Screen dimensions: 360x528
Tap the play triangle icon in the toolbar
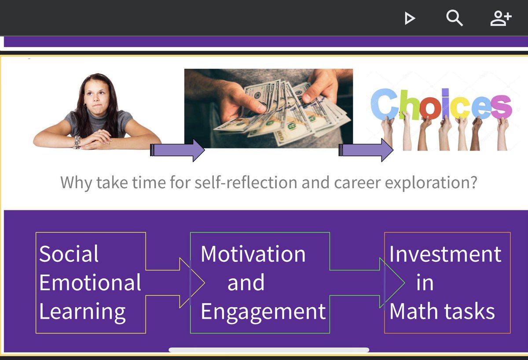(x=410, y=18)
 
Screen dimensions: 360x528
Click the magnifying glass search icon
(x=454, y=18)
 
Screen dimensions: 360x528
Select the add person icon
(x=501, y=18)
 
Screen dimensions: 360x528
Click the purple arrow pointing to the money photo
(x=178, y=150)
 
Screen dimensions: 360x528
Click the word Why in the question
(x=77, y=182)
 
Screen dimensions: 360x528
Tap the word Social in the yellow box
(x=69, y=254)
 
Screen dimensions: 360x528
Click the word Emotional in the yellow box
(x=90, y=283)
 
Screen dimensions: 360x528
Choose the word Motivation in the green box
(x=253, y=254)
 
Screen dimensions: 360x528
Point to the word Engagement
(x=263, y=311)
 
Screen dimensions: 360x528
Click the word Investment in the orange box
(x=445, y=254)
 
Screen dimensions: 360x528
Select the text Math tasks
(x=442, y=311)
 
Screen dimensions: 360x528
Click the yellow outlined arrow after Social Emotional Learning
(x=176, y=283)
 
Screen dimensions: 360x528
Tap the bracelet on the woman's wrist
(x=77, y=141)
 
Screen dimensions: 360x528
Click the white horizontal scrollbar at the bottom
(x=268, y=350)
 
